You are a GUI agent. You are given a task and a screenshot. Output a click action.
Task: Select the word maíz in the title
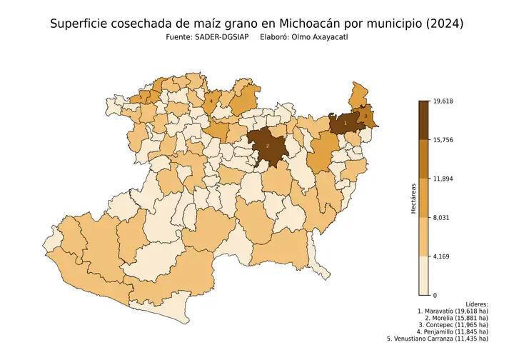coord(197,24)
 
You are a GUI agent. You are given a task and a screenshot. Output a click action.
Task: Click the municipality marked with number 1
coord(346,123)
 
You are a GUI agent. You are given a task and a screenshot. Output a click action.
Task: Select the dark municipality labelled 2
coord(267,145)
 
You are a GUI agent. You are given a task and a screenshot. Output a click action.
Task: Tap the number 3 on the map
coord(366,116)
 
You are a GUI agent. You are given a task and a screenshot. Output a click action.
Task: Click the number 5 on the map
coord(141,98)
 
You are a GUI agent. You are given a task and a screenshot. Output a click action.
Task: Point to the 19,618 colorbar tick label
coord(444,101)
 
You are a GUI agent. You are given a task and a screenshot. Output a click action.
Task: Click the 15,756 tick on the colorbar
coord(444,140)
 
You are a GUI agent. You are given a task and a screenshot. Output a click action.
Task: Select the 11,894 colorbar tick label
coord(444,179)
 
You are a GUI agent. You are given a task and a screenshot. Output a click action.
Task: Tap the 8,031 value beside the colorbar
coord(443,218)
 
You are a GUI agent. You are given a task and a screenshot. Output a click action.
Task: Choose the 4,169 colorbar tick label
coord(443,256)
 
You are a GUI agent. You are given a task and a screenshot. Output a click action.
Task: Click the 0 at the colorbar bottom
coord(435,295)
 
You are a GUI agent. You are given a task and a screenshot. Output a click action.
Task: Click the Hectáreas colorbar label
coord(413,199)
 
